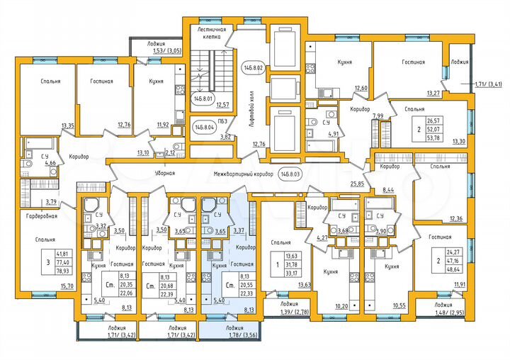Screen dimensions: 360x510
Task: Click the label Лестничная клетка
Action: [x=211, y=33]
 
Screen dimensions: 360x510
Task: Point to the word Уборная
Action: [x=164, y=172]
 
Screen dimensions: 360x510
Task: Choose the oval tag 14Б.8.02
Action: [x=254, y=67]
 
